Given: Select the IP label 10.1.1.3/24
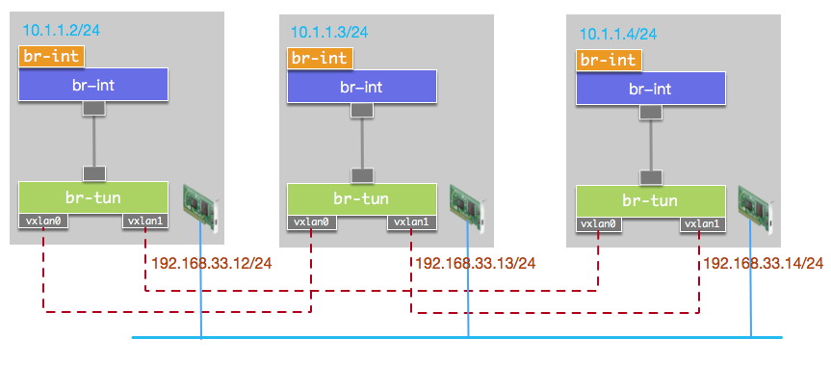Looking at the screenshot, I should pyautogui.click(x=330, y=32).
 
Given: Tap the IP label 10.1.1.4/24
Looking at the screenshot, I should pyautogui.click(x=618, y=34).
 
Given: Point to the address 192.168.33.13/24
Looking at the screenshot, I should pyautogui.click(x=476, y=262).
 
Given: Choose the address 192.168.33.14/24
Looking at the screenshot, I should pyautogui.click(x=763, y=262).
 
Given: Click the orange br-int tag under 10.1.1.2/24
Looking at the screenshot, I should pyautogui.click(x=51, y=56).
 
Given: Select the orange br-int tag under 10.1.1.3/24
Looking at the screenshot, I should pyautogui.click(x=321, y=58).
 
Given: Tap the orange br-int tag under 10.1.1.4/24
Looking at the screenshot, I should pyautogui.click(x=609, y=60).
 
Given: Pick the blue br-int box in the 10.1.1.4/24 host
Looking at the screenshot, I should pyautogui.click(x=650, y=89).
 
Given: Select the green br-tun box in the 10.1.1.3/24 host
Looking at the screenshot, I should pyautogui.click(x=362, y=199).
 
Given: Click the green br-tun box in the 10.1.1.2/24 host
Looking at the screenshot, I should pyautogui.click(x=93, y=197).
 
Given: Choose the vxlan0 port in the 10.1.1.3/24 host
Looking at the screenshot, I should pyautogui.click(x=311, y=223).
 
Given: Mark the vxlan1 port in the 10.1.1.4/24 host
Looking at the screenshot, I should pyautogui.click(x=702, y=224).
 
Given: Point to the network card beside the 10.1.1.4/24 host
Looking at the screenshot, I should pyautogui.click(x=757, y=208).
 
